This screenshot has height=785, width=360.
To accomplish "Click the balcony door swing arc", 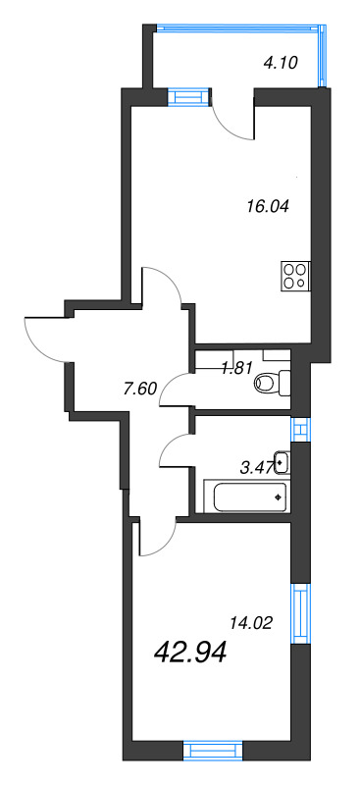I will coord(232,118).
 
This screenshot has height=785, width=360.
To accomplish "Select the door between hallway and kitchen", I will coord(163,285).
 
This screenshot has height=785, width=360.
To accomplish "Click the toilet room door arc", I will coord(177,390).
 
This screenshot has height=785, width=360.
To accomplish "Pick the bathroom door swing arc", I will coord(177,449).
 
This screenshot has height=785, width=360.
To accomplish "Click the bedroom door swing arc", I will coord(155,537).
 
